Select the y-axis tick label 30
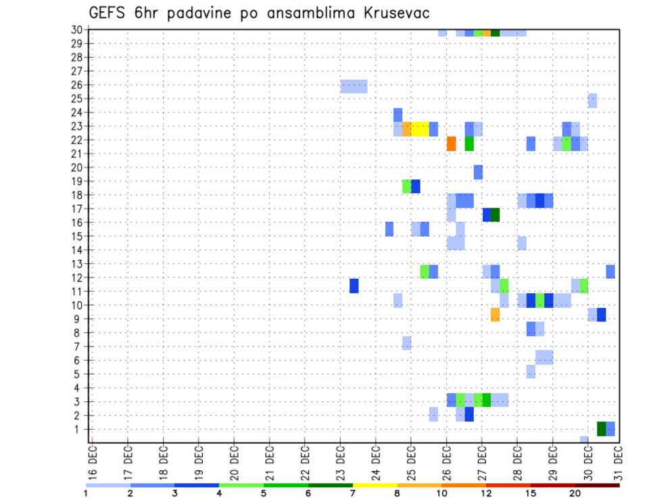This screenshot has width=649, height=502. (x=77, y=30)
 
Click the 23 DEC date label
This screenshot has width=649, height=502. (x=341, y=463)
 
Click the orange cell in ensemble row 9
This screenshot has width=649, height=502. (x=495, y=315)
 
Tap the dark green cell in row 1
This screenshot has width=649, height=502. (x=601, y=429)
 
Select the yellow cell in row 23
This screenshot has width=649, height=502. (x=420, y=129)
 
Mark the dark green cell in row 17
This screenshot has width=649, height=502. (x=495, y=214)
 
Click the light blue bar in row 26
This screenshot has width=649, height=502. (x=354, y=87)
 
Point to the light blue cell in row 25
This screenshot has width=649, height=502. (x=592, y=100)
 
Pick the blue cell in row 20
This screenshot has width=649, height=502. (x=478, y=172)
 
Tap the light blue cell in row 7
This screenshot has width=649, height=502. (x=406, y=343)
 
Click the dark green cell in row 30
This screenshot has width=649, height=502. (x=495, y=32)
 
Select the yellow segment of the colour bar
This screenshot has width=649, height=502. (x=375, y=485)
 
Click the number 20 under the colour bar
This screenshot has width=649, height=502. (x=575, y=493)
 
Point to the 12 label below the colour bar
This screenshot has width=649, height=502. (x=485, y=493)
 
